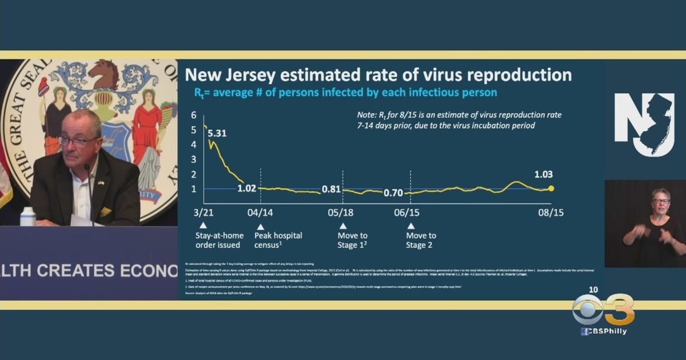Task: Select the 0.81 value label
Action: click(x=332, y=189)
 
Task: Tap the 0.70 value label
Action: click(x=393, y=193)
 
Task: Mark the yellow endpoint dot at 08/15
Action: click(x=551, y=189)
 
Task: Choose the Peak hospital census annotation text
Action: click(x=278, y=240)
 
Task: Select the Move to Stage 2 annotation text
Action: click(x=421, y=240)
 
